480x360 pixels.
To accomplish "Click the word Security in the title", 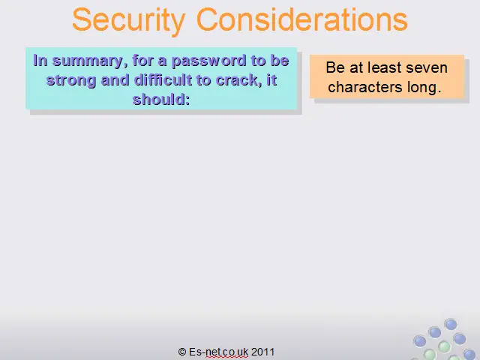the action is pos(129,20).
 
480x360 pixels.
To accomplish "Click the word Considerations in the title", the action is pos(301,19).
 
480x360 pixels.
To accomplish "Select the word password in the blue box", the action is pos(208,61).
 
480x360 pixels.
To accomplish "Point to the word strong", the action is pos(71,81).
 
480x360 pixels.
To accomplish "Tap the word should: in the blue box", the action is pos(161,99).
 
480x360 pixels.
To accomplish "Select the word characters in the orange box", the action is pos(365,87).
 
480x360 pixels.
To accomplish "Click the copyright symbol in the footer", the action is pos(181,352).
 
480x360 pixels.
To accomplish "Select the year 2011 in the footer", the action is pos(262,352).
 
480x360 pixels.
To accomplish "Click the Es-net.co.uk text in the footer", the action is pos(218,352).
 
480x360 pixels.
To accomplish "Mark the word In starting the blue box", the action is pos(40,60).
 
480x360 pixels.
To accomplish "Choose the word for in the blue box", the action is pos(143,60).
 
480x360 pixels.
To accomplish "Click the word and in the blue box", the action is pos(115,80).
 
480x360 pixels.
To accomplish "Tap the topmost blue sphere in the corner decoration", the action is pos(451,324).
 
